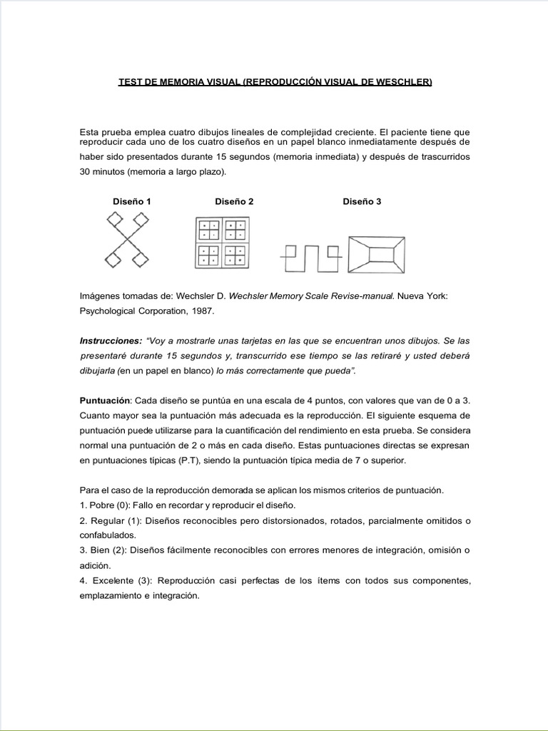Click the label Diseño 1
(132, 202)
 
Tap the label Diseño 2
(234, 202)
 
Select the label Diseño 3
(362, 202)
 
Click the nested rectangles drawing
(377, 253)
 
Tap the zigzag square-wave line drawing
(310, 256)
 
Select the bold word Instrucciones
(109, 341)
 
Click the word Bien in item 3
(98, 550)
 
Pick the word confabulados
(108, 535)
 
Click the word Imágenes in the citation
(101, 296)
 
